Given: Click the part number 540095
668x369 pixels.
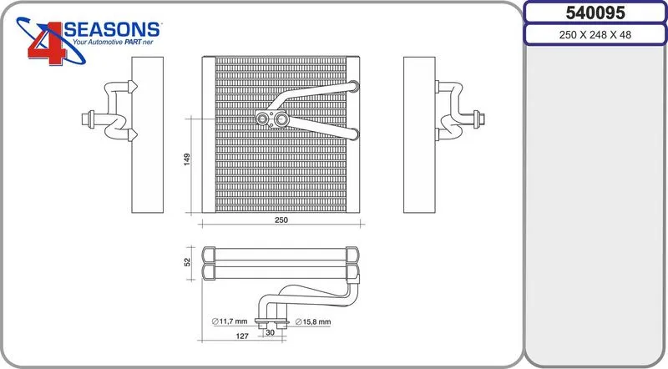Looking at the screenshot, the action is [x=595, y=13].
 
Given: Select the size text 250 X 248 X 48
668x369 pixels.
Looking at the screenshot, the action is [x=595, y=35].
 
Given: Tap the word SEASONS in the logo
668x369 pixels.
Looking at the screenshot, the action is [x=112, y=30].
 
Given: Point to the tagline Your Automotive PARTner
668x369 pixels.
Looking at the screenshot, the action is [x=113, y=43].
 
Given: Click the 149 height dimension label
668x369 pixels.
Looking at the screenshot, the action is [x=186, y=159].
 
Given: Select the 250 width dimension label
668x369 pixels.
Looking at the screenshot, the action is [x=281, y=220].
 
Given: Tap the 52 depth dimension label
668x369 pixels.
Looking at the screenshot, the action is [x=187, y=262].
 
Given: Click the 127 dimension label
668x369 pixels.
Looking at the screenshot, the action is [x=242, y=336].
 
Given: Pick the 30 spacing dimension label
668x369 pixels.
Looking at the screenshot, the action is [x=270, y=332].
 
